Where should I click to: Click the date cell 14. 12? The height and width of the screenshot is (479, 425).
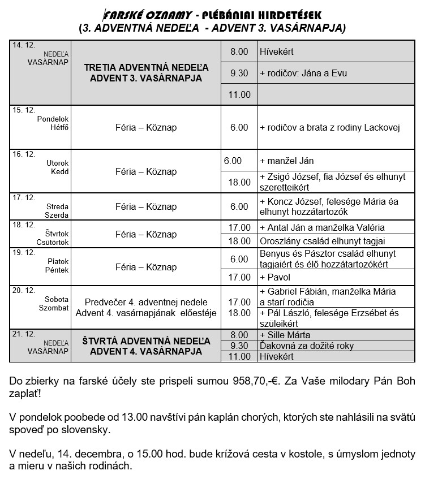[x=23, y=45]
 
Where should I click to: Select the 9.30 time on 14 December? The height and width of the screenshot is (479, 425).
[x=239, y=73]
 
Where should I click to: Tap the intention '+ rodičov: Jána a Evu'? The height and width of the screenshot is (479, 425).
[x=303, y=73]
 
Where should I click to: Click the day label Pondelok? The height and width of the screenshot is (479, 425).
[x=53, y=119]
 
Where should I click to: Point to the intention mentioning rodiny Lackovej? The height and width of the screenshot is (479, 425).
[x=330, y=128]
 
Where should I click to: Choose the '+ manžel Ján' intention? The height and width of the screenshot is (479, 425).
[x=282, y=161]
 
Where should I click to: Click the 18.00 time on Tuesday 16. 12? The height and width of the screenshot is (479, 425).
[x=239, y=182]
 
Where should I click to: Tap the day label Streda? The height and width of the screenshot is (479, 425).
[x=57, y=206]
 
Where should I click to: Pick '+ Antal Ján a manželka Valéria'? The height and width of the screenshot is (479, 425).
[x=322, y=228]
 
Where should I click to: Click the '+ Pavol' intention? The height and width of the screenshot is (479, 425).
[x=275, y=277]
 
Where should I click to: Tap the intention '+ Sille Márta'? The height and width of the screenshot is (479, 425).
[x=285, y=335]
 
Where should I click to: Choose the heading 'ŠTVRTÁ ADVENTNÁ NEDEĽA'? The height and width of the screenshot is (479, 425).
[x=145, y=341]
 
